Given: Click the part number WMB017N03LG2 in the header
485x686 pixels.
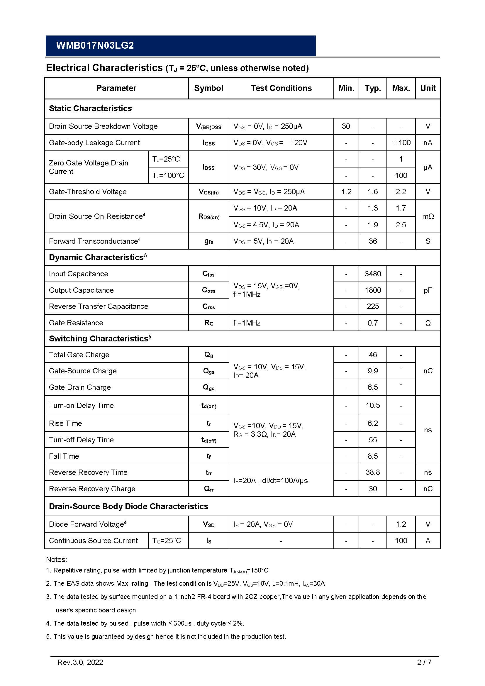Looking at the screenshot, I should pyautogui.click(x=95, y=45).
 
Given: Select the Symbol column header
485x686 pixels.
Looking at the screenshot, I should pyautogui.click(x=208, y=88).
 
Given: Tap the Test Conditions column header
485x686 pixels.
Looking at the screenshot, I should pyautogui.click(x=281, y=88).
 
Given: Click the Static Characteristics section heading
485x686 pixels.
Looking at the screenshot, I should pyautogui.click(x=90, y=108).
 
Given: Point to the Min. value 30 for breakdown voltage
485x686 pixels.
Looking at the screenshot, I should pyautogui.click(x=346, y=126).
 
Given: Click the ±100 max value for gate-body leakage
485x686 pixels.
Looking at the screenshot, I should pyautogui.click(x=401, y=143).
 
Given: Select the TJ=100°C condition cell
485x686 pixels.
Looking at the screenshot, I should pyautogui.click(x=168, y=175).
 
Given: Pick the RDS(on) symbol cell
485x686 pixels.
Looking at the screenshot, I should pyautogui.click(x=208, y=216).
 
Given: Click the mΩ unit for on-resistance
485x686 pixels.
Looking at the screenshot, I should pyautogui.click(x=428, y=216).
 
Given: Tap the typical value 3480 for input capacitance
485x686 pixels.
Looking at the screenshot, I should pyautogui.click(x=373, y=274).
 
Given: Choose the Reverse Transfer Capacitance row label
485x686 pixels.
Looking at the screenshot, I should pyautogui.click(x=99, y=306).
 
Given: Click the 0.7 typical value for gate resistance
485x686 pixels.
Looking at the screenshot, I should pyautogui.click(x=373, y=323).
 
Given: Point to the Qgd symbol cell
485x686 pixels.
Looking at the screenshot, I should pyautogui.click(x=208, y=387).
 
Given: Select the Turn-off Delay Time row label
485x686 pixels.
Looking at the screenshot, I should pyautogui.click(x=81, y=440).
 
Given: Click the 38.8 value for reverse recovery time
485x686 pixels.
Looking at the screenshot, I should pyautogui.click(x=373, y=472).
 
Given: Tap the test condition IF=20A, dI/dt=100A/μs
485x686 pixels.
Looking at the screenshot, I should pyautogui.click(x=270, y=480).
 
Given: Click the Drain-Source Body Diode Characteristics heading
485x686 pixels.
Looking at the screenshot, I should pyautogui.click(x=128, y=506).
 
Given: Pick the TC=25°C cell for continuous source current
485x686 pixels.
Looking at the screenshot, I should pyautogui.click(x=167, y=541).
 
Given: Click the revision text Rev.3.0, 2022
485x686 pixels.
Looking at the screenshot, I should pyautogui.click(x=80, y=662).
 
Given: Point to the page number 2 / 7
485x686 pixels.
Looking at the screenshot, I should pyautogui.click(x=424, y=662).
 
